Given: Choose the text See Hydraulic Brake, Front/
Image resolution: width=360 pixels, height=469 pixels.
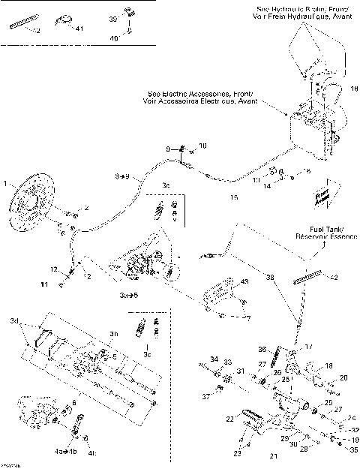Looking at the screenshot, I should coord(302,8).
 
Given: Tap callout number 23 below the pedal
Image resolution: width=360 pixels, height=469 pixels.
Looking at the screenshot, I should coord(238,454).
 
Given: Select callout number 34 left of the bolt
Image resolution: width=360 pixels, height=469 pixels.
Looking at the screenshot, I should coord(213,359).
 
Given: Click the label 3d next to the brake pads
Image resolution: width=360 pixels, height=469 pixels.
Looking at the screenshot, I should coord(13,321).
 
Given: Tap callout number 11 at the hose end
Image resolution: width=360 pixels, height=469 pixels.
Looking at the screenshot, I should coord(43,285).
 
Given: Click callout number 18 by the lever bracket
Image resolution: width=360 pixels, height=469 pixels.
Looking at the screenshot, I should coord(328,365).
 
